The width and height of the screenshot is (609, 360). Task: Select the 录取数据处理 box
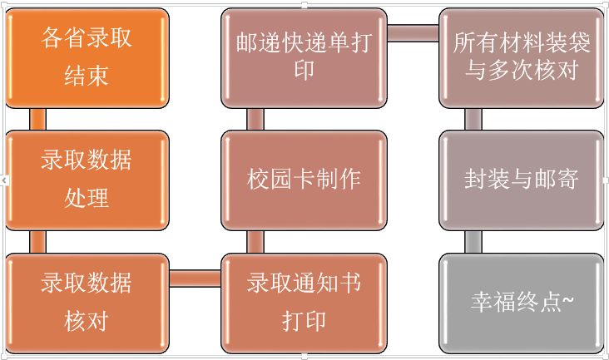[87, 180]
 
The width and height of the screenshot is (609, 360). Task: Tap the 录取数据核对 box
[87, 301]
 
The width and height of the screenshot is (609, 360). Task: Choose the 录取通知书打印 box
[304, 301]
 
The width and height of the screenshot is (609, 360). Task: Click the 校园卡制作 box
[304, 180]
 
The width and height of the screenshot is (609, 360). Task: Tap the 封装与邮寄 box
[521, 180]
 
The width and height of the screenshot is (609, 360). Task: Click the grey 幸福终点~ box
[521, 301]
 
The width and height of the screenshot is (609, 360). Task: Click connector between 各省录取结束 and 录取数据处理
[37, 119]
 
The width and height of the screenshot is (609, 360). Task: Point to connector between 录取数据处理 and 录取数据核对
[37, 241]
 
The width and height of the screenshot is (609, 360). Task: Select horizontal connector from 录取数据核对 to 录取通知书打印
[196, 277]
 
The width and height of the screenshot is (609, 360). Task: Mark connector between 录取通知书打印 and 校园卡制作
[255, 241]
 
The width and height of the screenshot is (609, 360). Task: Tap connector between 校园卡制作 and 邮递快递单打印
[255, 119]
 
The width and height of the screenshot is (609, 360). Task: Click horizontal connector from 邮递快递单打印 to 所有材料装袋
[413, 33]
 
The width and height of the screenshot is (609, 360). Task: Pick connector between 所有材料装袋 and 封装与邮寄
[473, 119]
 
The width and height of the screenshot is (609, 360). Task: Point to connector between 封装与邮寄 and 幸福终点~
[473, 241]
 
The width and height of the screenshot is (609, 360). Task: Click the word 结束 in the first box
[87, 76]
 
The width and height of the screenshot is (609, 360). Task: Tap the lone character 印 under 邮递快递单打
[304, 70]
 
